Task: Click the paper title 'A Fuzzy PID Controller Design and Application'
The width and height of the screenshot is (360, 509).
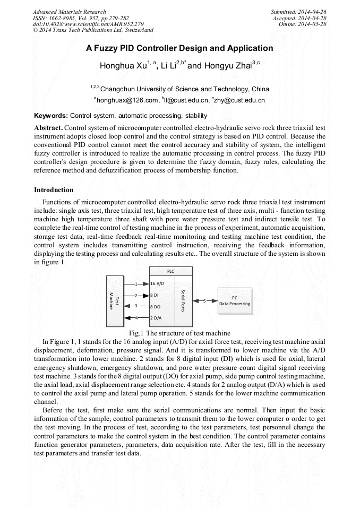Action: coord(179,48)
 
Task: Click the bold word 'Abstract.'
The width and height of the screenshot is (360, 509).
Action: coord(49,128)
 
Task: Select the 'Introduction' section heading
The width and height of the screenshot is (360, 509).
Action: coord(54,190)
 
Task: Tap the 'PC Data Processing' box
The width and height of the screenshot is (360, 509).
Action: coord(235,301)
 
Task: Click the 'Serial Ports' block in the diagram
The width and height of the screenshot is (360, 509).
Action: coord(183,300)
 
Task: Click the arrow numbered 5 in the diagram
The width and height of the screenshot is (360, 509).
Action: coord(205,301)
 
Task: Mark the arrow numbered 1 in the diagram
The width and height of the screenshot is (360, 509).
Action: coord(136,284)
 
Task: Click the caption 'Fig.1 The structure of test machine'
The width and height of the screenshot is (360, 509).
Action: coord(179,333)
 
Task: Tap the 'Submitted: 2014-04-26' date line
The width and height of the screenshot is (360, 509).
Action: coord(299,12)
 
